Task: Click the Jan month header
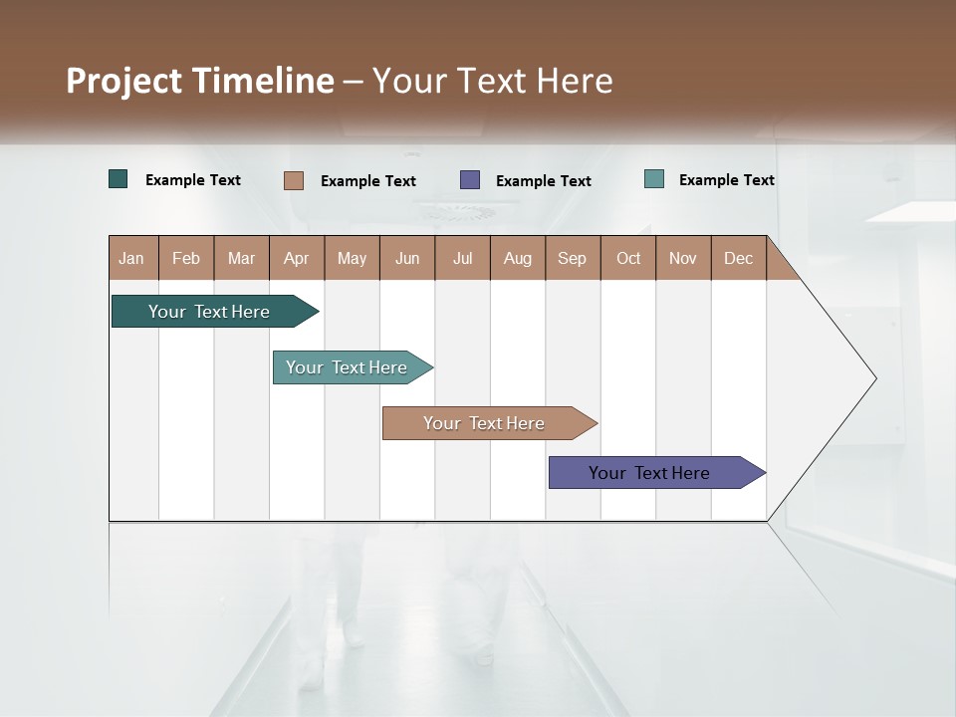coord(132,258)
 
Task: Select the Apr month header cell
coord(297,258)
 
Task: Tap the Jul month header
coord(463,258)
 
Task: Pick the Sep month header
coord(573,258)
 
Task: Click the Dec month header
coord(739,258)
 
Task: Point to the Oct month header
coord(628,258)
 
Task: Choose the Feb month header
coord(186,258)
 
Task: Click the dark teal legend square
coord(119,179)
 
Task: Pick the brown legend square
coord(294,180)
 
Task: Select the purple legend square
coord(470,180)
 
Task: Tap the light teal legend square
coord(654,179)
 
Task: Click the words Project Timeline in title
coord(200,81)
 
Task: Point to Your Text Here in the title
coord(493,81)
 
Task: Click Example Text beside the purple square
coord(544,181)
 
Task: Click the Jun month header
coord(407,258)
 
